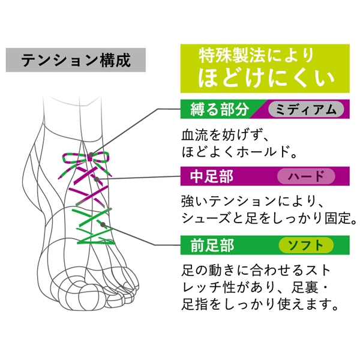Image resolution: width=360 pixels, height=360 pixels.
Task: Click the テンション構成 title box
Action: (75, 61)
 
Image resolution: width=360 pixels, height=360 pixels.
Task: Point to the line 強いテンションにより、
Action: (252, 200)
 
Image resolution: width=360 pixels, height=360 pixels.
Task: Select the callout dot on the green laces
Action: (104, 224)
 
